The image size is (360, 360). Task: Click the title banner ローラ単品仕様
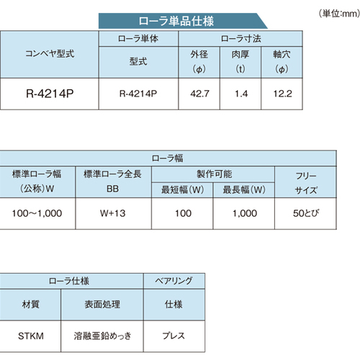click(x=176, y=21)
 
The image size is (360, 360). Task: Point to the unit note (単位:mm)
click(x=339, y=14)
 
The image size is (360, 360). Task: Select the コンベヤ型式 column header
click(x=50, y=54)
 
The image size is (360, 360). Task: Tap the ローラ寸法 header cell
click(x=240, y=39)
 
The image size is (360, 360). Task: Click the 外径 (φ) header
click(x=199, y=62)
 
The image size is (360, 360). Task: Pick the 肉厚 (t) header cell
click(x=240, y=62)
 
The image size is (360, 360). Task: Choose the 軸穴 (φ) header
click(x=282, y=62)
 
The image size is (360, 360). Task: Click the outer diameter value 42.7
click(x=199, y=94)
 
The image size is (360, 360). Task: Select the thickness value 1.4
click(x=241, y=94)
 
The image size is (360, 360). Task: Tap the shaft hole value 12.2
click(x=282, y=94)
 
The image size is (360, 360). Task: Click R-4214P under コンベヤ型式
click(x=50, y=94)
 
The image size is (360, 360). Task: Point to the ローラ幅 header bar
click(x=168, y=158)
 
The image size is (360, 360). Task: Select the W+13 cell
click(x=113, y=213)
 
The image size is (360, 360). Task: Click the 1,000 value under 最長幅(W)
click(x=245, y=213)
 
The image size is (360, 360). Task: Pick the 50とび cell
click(x=306, y=213)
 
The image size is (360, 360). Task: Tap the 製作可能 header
click(x=215, y=174)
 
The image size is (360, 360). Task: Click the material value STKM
click(x=31, y=336)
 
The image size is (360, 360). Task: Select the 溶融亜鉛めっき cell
click(x=102, y=336)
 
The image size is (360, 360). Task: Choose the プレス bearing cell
click(x=174, y=336)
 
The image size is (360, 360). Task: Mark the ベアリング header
click(x=174, y=281)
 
